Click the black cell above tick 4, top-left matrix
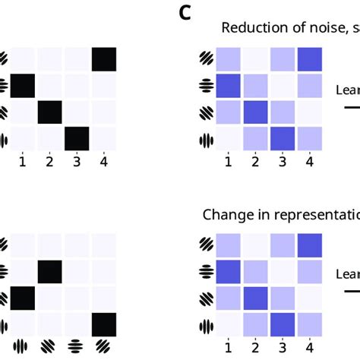[103, 59]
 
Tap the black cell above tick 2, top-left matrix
[50, 112]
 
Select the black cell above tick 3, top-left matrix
[77, 139]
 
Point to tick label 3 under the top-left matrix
[77, 162]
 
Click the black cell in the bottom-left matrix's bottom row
[103, 324]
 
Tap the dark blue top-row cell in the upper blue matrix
[308, 60]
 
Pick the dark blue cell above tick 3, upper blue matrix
[282, 139]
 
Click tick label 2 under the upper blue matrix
[255, 162]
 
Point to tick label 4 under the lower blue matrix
[308, 347]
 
